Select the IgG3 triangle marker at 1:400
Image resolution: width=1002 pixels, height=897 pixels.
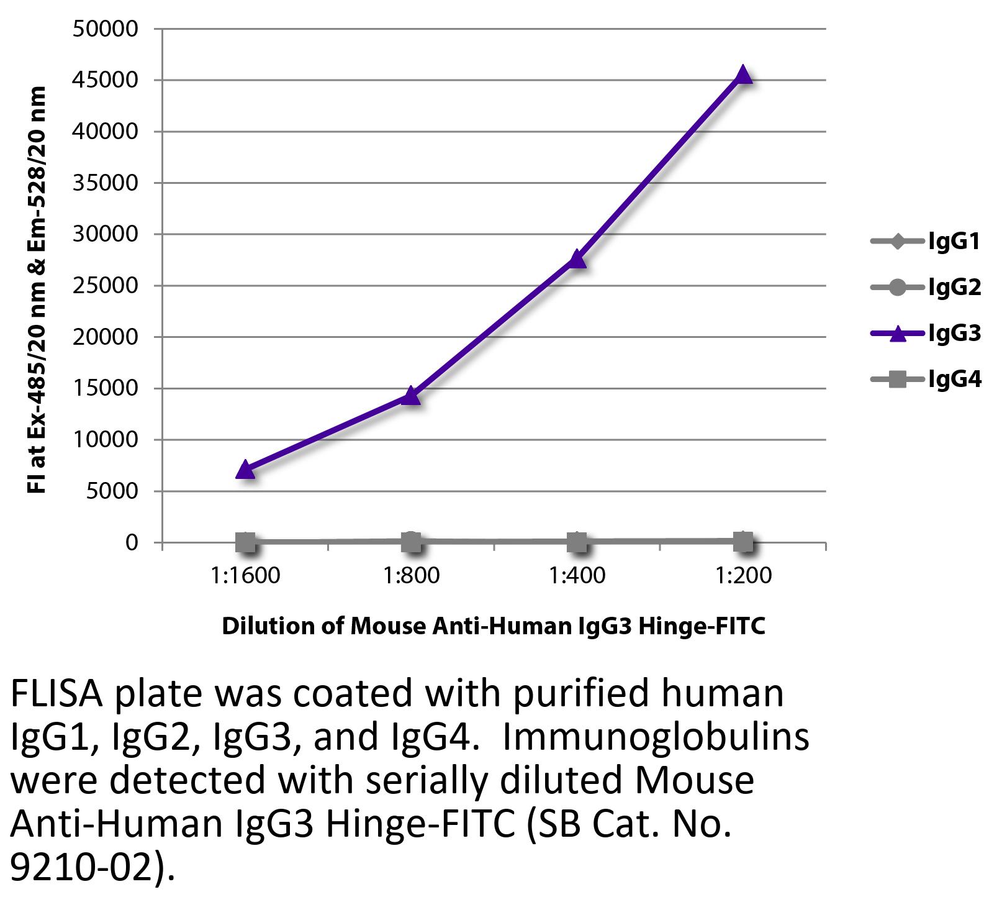click(577, 258)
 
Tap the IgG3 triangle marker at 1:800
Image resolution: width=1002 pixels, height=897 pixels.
click(411, 395)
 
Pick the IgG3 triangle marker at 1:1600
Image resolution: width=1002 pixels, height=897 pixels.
click(246, 470)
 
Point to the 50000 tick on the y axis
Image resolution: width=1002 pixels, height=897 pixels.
click(105, 29)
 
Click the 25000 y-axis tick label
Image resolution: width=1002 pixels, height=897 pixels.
click(105, 286)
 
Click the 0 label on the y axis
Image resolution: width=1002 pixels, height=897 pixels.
click(131, 543)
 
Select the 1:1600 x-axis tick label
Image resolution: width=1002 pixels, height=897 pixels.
click(246, 576)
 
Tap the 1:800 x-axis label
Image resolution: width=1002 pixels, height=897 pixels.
click(411, 576)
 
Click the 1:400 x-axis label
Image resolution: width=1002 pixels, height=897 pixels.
click(577, 576)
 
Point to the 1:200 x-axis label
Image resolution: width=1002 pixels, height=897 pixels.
click(743, 576)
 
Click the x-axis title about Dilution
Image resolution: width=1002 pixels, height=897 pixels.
click(494, 626)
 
